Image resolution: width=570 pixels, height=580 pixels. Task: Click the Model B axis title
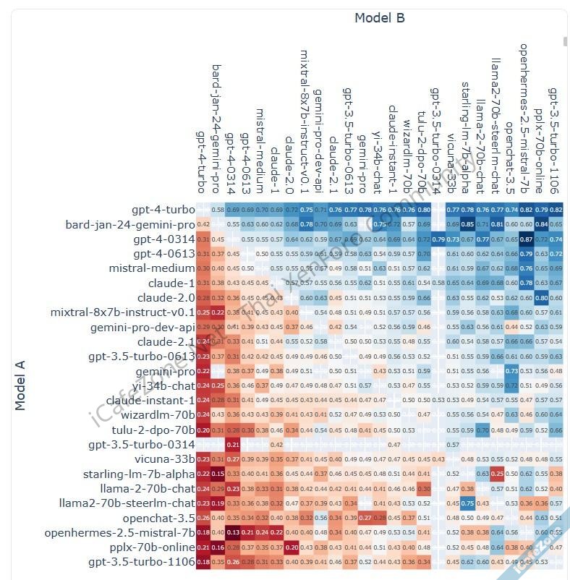coord(379,18)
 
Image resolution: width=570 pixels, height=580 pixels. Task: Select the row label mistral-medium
coord(152,268)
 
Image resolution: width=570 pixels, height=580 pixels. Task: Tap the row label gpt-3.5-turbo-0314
coord(142,445)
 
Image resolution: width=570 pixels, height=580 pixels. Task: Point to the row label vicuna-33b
coord(165,459)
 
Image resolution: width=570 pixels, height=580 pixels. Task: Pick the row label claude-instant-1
coord(150,400)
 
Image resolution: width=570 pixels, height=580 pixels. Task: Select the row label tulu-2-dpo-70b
coord(156,430)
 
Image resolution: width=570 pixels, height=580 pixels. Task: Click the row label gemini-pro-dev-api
coord(142,327)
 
